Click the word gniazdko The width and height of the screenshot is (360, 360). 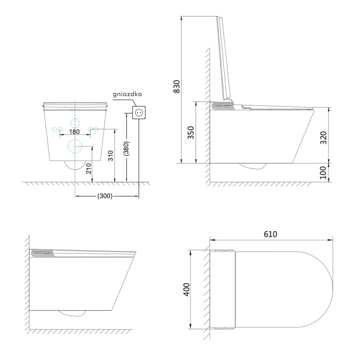point(127,94)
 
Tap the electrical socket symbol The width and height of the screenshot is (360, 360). point(139,112)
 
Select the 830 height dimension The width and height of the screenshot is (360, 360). point(177,86)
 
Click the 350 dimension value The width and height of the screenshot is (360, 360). point(191,132)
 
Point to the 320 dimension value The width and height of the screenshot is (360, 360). point(323,138)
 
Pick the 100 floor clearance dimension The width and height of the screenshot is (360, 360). point(323,173)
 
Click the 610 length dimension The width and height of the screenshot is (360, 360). point(270,234)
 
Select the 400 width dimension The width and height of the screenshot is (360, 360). point(186,289)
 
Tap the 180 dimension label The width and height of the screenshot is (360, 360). point(75,132)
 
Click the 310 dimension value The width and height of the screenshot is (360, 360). point(111,156)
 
